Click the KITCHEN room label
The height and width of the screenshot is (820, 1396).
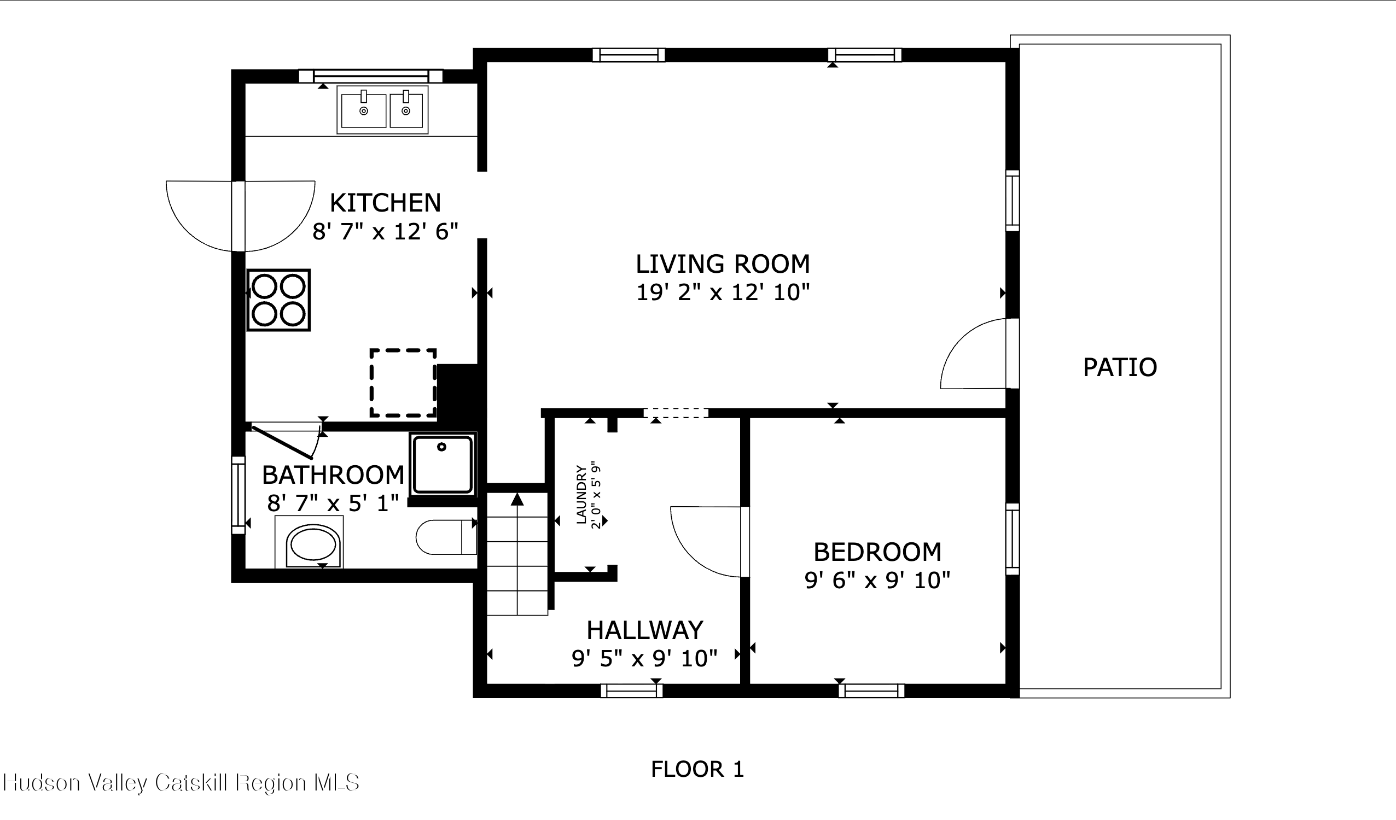tap(385, 203)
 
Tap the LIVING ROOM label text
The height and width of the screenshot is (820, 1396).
tap(723, 263)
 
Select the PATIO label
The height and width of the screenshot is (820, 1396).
tap(1120, 367)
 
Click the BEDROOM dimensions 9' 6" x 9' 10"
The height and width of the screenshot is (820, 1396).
tap(877, 580)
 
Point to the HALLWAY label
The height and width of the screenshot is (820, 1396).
tap(645, 630)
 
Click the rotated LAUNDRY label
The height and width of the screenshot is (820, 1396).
tap(581, 494)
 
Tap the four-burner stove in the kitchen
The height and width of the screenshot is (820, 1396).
tap(278, 300)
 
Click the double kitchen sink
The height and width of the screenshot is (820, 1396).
tap(382, 110)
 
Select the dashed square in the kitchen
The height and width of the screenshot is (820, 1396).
tap(403, 383)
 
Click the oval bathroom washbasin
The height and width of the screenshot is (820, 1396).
tap(313, 545)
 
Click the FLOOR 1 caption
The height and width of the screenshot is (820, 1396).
tap(697, 769)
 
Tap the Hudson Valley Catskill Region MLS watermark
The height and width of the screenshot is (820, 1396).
tap(181, 782)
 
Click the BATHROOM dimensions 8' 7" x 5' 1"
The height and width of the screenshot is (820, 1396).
tap(333, 503)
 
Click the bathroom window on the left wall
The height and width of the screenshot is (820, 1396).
tap(238, 495)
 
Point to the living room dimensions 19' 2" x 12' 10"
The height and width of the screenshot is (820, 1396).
tap(723, 292)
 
